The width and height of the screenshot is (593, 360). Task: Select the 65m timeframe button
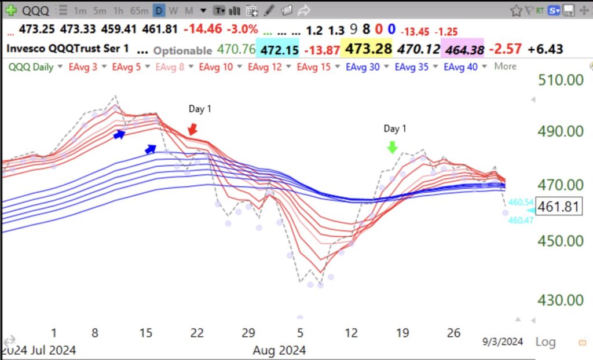pyautogui.click(x=140, y=10)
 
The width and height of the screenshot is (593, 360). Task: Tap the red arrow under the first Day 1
pyautogui.click(x=192, y=128)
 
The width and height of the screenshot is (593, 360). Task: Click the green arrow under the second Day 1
pyautogui.click(x=393, y=147)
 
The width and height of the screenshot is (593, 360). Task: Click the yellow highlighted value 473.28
pyautogui.click(x=368, y=49)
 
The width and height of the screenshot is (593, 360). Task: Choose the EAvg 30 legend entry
pyautogui.click(x=363, y=67)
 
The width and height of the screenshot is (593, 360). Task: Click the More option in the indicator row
pyautogui.click(x=505, y=67)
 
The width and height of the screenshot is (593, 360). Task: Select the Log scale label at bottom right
pyautogui.click(x=546, y=341)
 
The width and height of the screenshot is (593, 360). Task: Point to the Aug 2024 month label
pyautogui.click(x=279, y=350)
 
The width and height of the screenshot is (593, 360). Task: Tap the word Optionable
pyautogui.click(x=182, y=50)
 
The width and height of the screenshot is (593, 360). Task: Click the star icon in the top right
pyautogui.click(x=516, y=10)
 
